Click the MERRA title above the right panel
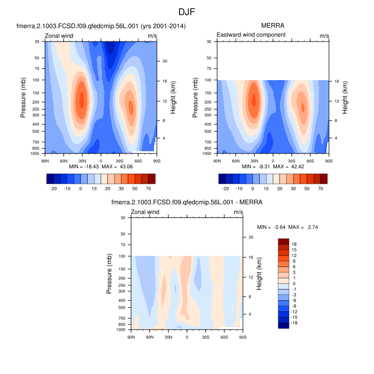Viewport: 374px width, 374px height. point(272,26)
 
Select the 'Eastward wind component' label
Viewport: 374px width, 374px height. point(251,35)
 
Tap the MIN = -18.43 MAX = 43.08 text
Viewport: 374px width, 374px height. point(101,167)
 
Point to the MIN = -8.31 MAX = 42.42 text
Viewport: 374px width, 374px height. point(272,167)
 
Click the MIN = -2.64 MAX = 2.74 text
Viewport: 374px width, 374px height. point(286,227)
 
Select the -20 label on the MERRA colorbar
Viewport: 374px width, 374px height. point(225,189)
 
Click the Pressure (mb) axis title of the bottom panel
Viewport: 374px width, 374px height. point(110,274)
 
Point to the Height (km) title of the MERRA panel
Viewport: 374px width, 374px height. point(345,97)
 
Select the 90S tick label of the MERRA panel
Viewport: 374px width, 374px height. point(328,160)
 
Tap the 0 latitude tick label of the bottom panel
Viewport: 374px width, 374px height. point(186,337)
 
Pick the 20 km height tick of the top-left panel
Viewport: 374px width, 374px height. point(166,61)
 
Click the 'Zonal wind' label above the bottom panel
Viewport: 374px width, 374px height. point(145,212)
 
